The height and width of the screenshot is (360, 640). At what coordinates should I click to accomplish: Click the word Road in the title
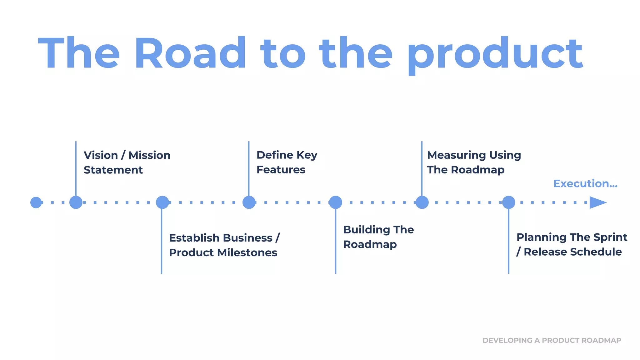(190, 53)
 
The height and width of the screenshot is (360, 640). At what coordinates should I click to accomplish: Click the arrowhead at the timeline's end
(597, 202)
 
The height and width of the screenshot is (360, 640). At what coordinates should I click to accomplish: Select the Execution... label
(585, 184)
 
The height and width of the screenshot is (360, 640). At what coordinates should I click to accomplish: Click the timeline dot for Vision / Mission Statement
(76, 202)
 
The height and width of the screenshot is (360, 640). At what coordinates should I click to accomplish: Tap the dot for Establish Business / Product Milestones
(162, 202)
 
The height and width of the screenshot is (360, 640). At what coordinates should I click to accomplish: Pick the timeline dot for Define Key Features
(249, 202)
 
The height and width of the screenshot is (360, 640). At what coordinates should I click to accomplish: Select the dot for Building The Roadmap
(336, 202)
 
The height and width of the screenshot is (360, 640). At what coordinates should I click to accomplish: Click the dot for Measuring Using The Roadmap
(422, 202)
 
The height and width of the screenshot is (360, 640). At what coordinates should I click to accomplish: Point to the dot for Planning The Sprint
(509, 202)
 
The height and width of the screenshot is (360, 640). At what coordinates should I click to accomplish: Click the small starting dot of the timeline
(36, 202)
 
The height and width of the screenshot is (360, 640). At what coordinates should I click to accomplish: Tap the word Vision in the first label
(101, 155)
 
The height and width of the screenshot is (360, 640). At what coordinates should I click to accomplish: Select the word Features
(281, 170)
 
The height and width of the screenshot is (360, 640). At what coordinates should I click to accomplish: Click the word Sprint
(610, 237)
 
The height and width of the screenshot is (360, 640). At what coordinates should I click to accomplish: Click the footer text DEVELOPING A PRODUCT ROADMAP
(552, 340)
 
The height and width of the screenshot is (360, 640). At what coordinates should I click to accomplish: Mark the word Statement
(113, 170)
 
